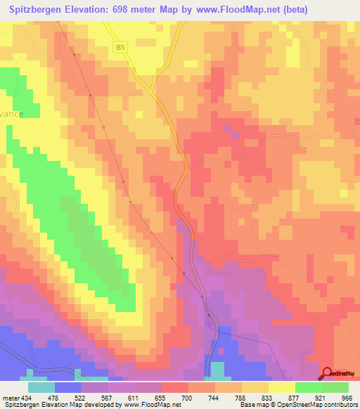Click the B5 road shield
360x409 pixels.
tap(121, 47)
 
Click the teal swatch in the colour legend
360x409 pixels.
tap(41, 387)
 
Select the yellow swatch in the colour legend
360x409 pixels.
tap(282, 387)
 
